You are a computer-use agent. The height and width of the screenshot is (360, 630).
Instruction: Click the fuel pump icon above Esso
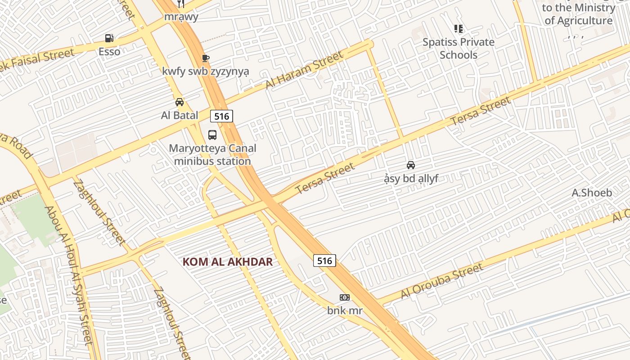[109, 38]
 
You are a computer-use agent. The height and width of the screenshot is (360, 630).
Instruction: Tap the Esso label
[109, 51]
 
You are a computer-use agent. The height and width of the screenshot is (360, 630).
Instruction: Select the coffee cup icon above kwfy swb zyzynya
[206, 58]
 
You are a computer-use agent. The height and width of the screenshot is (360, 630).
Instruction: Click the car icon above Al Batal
[180, 102]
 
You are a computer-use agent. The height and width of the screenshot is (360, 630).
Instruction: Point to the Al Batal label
[180, 115]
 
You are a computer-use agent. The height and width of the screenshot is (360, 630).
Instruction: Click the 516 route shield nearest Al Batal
[221, 117]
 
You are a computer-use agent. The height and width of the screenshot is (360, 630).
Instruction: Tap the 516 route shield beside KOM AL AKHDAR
[324, 261]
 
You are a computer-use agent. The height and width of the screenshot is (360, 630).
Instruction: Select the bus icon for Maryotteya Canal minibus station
[212, 135]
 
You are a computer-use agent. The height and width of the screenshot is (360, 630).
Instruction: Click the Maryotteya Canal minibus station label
[212, 154]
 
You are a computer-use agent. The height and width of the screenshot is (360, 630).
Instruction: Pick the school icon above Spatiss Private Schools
[459, 29]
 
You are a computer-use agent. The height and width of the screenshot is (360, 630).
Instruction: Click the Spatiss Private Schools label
[459, 49]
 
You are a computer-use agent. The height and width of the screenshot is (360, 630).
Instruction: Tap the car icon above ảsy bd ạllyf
[411, 165]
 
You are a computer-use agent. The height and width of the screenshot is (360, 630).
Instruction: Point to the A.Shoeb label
[592, 193]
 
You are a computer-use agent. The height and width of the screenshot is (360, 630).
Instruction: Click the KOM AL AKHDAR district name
[228, 262]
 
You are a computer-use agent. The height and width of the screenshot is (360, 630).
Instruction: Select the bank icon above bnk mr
[345, 297]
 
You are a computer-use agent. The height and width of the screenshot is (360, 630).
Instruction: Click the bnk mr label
[345, 310]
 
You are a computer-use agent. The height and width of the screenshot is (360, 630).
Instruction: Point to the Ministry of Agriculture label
[578, 14]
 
